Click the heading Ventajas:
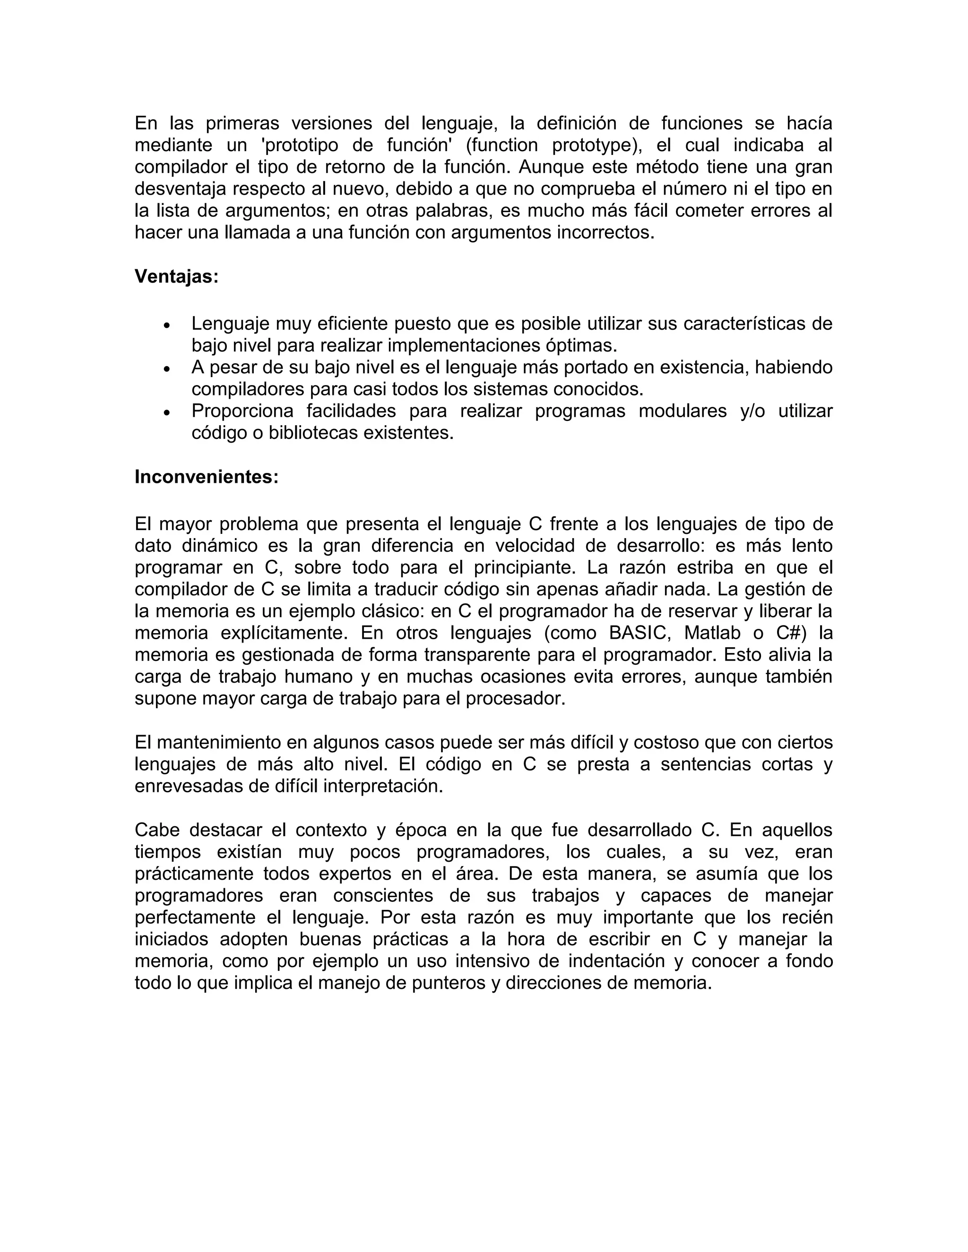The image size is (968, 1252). click(177, 277)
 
